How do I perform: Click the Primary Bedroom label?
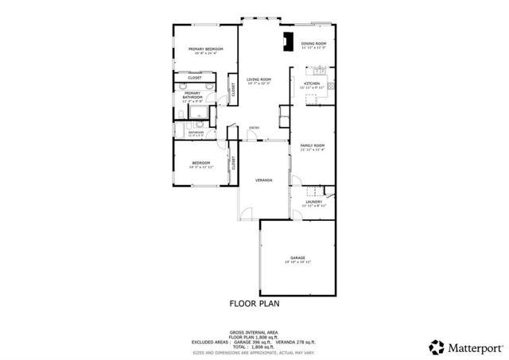(x=205, y=49)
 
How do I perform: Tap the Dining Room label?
(x=313, y=43)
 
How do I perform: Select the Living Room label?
(x=258, y=79)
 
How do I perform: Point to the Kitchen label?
(x=312, y=83)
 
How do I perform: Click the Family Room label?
(x=313, y=145)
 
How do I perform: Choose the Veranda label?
(x=264, y=180)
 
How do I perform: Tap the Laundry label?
(x=313, y=202)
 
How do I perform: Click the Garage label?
(x=297, y=257)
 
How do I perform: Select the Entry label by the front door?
(x=254, y=128)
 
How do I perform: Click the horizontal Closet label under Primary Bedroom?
(x=195, y=77)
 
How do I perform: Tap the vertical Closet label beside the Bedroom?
(x=234, y=163)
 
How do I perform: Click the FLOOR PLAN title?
(x=254, y=304)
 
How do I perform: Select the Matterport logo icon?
(x=437, y=347)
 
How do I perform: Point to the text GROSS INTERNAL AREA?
(x=254, y=332)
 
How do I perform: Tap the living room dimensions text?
(x=258, y=83)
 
